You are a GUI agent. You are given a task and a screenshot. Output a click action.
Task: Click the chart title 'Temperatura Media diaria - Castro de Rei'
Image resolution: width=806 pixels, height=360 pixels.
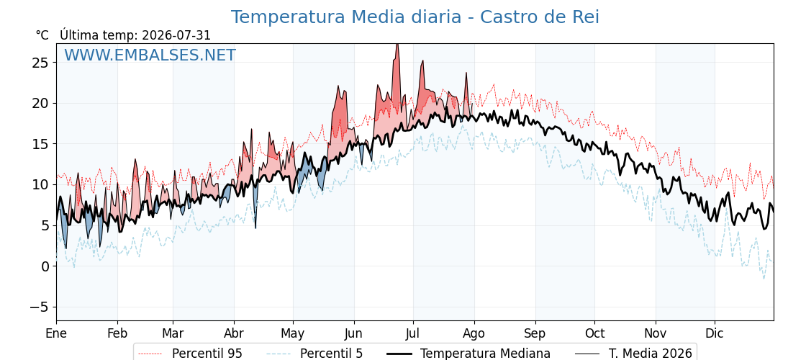click(x=415, y=17)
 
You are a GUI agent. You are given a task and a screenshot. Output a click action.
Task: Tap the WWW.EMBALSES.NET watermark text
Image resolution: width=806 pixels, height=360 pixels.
click(x=150, y=55)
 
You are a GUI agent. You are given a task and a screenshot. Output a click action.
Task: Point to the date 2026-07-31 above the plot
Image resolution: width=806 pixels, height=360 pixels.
click(x=176, y=35)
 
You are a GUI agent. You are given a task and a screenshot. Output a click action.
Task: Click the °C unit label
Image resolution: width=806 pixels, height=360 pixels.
click(x=42, y=35)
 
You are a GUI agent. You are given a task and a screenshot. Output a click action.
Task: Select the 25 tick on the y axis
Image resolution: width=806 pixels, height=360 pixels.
click(x=40, y=63)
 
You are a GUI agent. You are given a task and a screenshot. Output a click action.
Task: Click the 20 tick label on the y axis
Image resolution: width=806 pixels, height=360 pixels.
click(x=40, y=104)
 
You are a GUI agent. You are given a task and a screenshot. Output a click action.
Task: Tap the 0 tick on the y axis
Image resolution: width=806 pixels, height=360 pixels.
click(x=45, y=266)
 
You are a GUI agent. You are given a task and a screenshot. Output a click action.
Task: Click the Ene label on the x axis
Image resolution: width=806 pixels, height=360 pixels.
click(x=56, y=333)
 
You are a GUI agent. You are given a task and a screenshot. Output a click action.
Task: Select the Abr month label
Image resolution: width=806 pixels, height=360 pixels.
click(x=235, y=333)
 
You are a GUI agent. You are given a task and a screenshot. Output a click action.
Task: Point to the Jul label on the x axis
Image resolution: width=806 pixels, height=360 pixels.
click(x=413, y=333)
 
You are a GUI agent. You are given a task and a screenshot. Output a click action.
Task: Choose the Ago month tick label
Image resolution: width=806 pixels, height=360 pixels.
click(x=474, y=334)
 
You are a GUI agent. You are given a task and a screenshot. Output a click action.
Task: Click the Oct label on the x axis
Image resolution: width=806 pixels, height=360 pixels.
click(x=594, y=333)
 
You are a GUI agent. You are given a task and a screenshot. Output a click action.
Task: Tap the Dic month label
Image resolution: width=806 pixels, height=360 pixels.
click(x=715, y=333)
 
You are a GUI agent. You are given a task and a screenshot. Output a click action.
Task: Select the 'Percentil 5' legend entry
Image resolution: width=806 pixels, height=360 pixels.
click(x=315, y=354)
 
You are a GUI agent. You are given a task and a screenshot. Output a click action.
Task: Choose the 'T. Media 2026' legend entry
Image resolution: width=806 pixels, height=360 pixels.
click(x=633, y=354)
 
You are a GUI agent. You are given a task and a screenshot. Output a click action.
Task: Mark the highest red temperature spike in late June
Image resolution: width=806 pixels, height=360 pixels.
click(x=397, y=45)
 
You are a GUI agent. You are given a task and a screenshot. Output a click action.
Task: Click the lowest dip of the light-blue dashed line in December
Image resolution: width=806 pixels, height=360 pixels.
click(x=764, y=279)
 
